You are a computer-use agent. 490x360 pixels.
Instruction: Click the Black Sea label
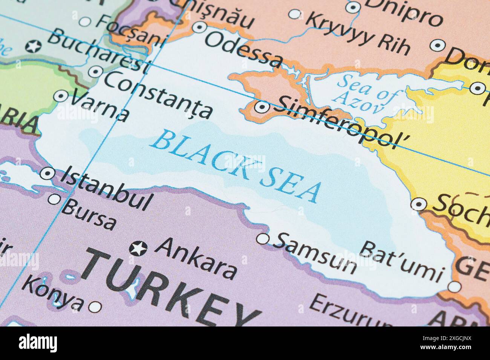pyautogui.click(x=237, y=166)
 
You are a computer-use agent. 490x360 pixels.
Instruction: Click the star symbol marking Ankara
pyautogui.click(x=138, y=248)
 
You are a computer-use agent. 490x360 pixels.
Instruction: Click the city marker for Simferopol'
pyautogui.click(x=262, y=107)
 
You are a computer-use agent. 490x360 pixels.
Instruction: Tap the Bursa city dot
pyautogui.click(x=55, y=199)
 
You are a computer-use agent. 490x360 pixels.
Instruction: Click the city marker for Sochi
pyautogui.click(x=418, y=204)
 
